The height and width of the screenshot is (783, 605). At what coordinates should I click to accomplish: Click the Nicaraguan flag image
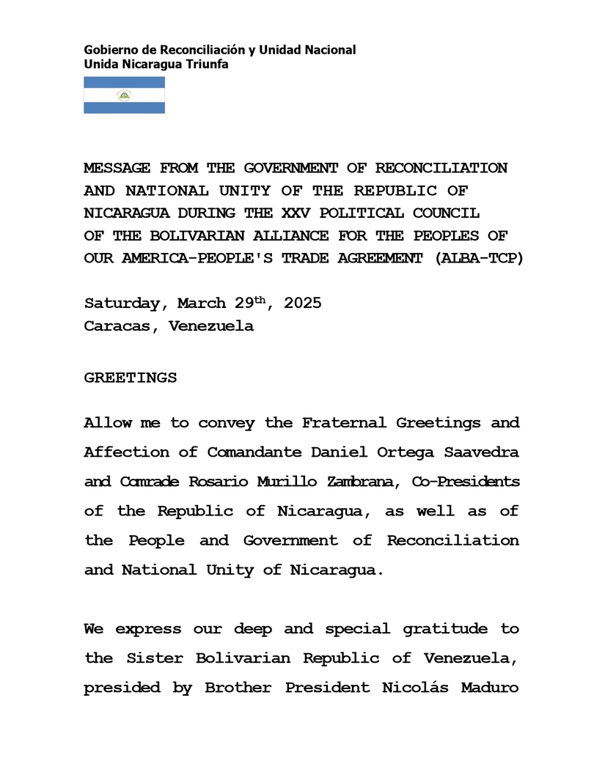click(124, 95)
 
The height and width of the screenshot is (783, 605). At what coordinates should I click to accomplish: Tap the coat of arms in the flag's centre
click(124, 95)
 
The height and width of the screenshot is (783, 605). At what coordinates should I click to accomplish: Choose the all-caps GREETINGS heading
click(131, 378)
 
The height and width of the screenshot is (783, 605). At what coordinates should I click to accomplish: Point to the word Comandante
click(254, 452)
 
